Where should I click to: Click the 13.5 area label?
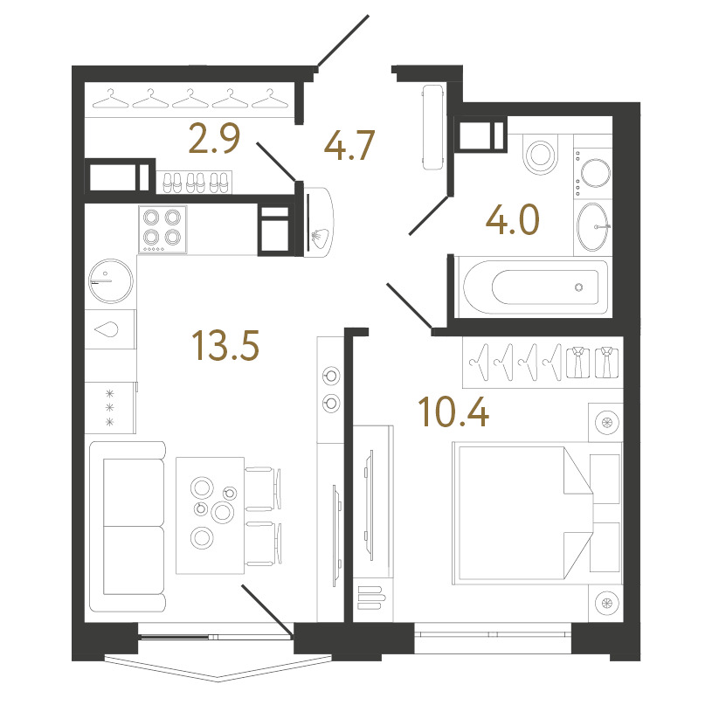[225, 345]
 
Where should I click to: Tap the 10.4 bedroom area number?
[453, 411]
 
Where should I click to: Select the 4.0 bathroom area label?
[513, 219]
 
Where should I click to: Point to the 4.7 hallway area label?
[349, 145]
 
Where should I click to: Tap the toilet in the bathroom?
[541, 155]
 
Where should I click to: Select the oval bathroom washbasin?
[592, 226]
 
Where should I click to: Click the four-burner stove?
[162, 229]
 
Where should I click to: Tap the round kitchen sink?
[111, 281]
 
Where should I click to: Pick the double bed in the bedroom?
[522, 513]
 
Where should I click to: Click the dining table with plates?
[211, 515]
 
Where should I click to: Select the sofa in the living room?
[128, 527]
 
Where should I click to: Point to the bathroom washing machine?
[593, 173]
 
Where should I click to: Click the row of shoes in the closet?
[195, 183]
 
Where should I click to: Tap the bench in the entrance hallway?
[432, 128]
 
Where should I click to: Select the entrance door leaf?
[343, 41]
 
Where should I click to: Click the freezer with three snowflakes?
[110, 408]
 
